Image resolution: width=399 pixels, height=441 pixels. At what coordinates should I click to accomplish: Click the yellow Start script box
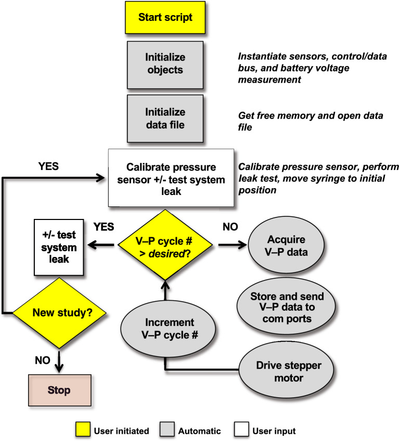pyautogui.click(x=164, y=17)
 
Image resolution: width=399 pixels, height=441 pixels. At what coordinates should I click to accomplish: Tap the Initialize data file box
pyautogui.click(x=164, y=119)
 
